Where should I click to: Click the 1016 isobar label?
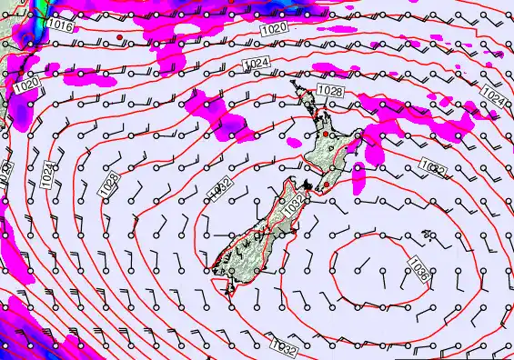pos(60,26)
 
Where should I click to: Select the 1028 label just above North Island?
pos(329,91)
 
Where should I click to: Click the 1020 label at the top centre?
pos(278,29)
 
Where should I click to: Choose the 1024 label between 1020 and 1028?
pos(257,63)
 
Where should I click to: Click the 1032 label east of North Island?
pos(432,167)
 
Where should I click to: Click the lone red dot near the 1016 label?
pos(119,36)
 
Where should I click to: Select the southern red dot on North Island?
pos(326,186)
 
